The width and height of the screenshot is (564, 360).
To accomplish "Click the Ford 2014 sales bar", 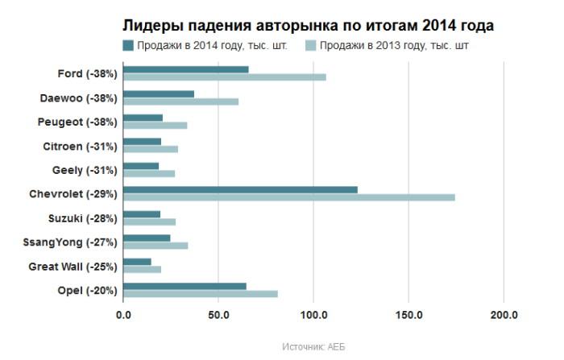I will (186, 70).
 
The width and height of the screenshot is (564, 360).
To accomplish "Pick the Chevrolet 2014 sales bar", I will (240, 190).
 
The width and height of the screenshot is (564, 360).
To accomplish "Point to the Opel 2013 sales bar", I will (201, 293).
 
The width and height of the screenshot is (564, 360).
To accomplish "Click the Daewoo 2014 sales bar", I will (159, 94).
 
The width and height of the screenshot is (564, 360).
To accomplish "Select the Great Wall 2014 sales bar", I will (137, 262).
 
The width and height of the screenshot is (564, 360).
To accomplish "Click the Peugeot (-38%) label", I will (78, 122).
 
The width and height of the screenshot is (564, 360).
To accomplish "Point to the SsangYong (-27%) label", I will (73, 242).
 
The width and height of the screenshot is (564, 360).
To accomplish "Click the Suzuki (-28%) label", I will (82, 218).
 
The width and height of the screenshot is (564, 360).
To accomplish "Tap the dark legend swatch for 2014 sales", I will (128, 45).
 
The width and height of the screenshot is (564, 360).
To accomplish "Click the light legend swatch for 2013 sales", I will (309, 45).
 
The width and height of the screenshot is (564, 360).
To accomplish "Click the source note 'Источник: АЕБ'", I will (314, 346).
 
